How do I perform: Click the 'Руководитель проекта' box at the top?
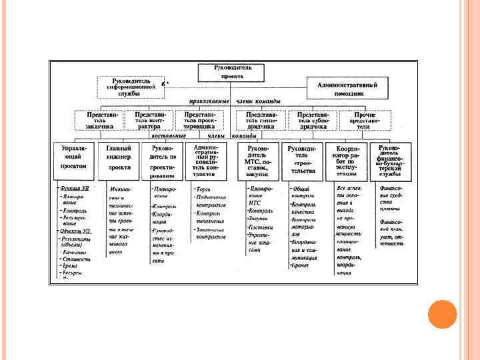click(x=231, y=72)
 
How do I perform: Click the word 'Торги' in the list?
click(x=203, y=189)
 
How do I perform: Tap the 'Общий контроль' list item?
click(x=302, y=193)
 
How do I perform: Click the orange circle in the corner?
click(x=442, y=314)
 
